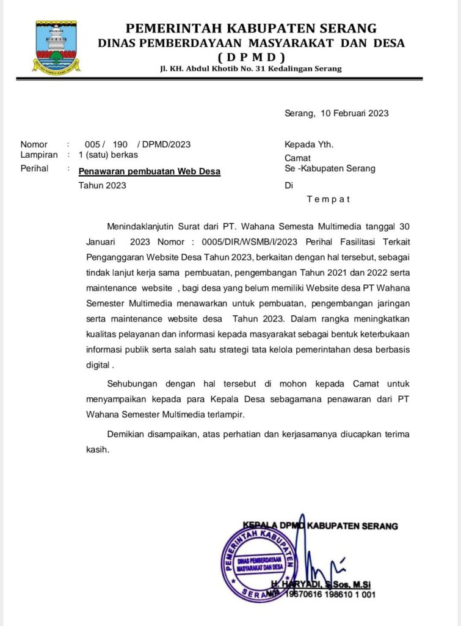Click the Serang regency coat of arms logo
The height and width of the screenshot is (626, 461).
pyautogui.click(x=56, y=46)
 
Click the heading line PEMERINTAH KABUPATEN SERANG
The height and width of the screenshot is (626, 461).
pyautogui.click(x=251, y=28)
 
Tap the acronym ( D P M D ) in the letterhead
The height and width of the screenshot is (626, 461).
pyautogui.click(x=251, y=57)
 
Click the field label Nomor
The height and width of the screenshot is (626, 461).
pyautogui.click(x=34, y=144)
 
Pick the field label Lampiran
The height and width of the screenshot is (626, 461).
pyautogui.click(x=39, y=155)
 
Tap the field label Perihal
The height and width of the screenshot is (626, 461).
pyautogui.click(x=35, y=169)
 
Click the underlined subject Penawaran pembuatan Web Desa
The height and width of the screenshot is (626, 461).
pyautogui.click(x=150, y=171)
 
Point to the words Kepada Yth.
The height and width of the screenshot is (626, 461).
pyautogui.click(x=309, y=144)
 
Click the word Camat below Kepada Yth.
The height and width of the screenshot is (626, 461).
pyautogui.click(x=297, y=157)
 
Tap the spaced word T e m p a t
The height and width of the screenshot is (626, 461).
pyautogui.click(x=329, y=199)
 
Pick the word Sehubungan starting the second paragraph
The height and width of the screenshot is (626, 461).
pyautogui.click(x=132, y=384)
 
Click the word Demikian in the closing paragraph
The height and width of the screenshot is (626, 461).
pyautogui.click(x=125, y=434)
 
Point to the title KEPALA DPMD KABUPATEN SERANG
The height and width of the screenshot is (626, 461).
pyautogui.click(x=320, y=526)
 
